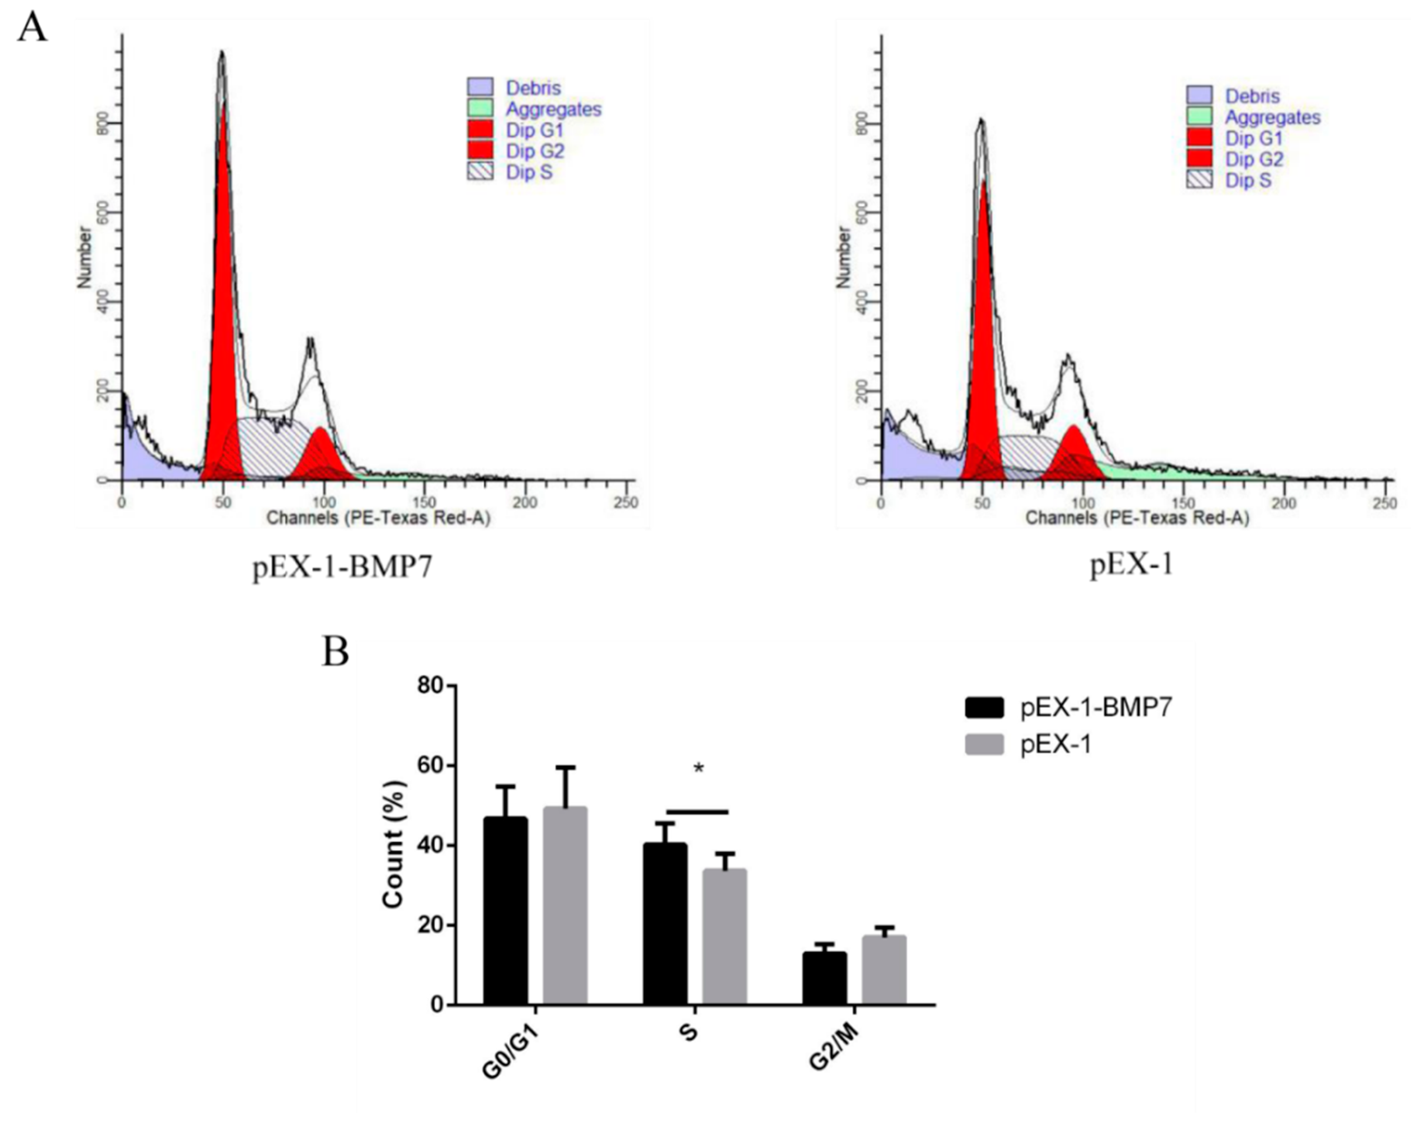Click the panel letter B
[335, 651]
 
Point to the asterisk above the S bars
[698, 769]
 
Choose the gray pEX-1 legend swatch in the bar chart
[984, 745]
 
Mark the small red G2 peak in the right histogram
[1072, 453]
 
